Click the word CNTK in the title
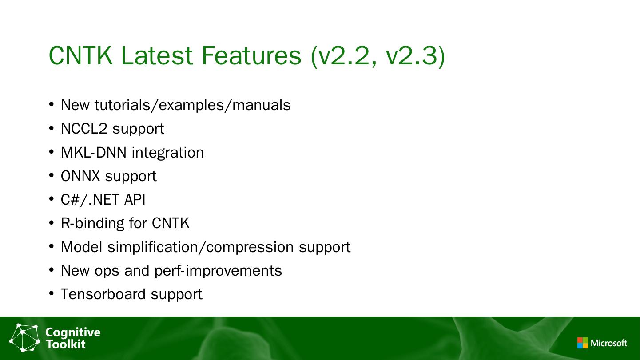[x=81, y=55]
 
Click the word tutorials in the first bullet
[x=122, y=105]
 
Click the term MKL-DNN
[x=93, y=152]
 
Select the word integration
[x=168, y=152]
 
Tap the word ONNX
[x=80, y=176]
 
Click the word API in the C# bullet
[x=135, y=199]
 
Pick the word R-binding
[x=92, y=223]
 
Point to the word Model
[x=81, y=247]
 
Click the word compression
[x=250, y=247]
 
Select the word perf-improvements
[x=218, y=271]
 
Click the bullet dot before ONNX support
[x=52, y=175]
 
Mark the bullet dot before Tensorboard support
[x=52, y=293]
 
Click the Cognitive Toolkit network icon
[x=24, y=338]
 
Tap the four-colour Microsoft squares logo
[x=583, y=343]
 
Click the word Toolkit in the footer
[x=66, y=344]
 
